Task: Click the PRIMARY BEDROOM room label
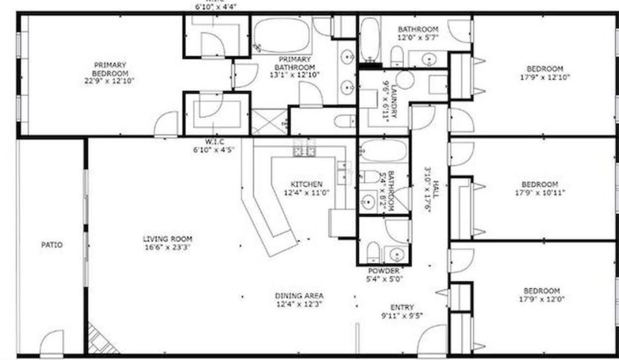point(110,69)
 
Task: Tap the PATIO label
point(52,245)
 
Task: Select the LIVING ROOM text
point(167,239)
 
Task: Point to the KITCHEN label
point(306,185)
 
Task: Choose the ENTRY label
point(402,307)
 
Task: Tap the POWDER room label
point(383,271)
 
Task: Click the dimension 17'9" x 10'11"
point(540,192)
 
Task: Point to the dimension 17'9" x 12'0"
point(542,299)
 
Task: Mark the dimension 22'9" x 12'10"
point(110,81)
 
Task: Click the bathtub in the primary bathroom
point(282,35)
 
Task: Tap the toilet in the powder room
point(373,252)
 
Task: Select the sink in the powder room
point(397,254)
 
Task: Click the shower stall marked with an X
point(269,121)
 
